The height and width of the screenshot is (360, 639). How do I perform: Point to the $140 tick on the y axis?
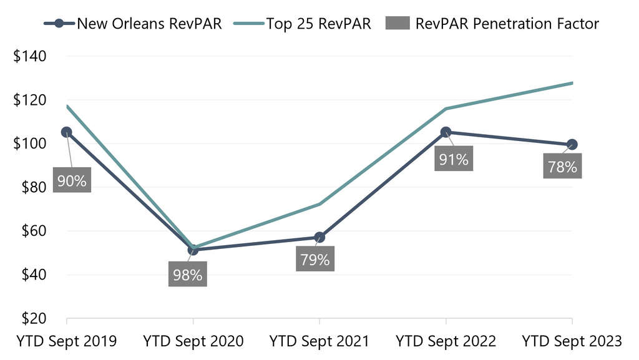click(30, 56)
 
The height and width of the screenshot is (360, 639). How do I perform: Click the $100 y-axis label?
click(30, 144)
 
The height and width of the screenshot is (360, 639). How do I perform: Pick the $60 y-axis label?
click(30, 231)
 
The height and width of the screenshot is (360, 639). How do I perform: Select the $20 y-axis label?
click(30, 318)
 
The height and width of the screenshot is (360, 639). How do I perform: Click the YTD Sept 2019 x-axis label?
click(66, 341)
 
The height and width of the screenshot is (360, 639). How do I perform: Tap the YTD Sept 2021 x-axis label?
click(319, 341)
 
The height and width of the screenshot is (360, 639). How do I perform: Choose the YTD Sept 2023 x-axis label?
click(572, 341)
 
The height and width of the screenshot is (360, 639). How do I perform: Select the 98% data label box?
click(187, 275)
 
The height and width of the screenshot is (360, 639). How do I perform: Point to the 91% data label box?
click(454, 159)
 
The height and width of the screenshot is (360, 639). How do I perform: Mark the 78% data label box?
click(562, 167)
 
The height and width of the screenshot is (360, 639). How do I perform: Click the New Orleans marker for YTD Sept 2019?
click(66, 132)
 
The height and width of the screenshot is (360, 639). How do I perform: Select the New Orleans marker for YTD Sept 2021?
click(319, 237)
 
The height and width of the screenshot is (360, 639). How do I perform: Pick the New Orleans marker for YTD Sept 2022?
click(446, 132)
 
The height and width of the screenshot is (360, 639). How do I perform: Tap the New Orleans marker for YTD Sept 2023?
click(572, 145)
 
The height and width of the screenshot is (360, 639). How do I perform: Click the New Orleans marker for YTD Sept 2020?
click(193, 250)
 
